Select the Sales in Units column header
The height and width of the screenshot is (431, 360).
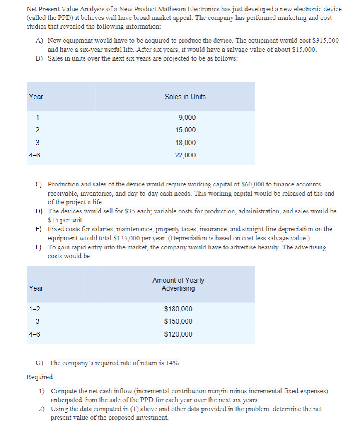click(x=185, y=97)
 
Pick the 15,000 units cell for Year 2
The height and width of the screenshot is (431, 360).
click(x=186, y=130)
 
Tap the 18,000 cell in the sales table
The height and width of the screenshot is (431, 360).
click(x=186, y=143)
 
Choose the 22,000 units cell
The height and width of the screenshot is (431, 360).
click(x=186, y=155)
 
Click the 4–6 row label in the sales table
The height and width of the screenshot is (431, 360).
click(x=35, y=155)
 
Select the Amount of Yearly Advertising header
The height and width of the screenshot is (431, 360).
click(x=178, y=284)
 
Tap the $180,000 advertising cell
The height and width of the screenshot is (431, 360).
click(x=178, y=309)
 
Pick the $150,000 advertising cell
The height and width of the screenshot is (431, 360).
click(x=178, y=322)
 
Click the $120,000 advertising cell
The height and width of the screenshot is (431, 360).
click(x=178, y=334)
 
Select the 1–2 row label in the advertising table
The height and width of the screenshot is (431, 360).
click(x=35, y=309)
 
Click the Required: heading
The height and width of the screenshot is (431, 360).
click(x=40, y=378)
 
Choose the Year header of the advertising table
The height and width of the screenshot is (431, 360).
click(x=36, y=288)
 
